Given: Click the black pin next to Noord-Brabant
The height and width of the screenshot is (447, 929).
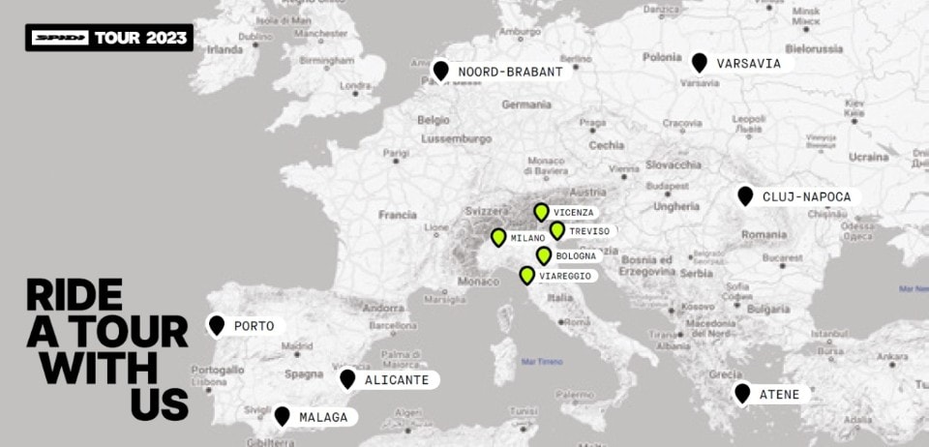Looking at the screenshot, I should coord(441,71).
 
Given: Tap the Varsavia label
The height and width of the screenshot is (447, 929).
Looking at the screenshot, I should coord(748,64).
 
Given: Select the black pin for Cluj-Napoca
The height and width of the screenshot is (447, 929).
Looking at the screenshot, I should coord(745,195).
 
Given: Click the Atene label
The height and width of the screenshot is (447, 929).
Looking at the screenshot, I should coord(778,395).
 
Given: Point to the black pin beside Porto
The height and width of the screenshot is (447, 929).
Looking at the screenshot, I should coord(217,325).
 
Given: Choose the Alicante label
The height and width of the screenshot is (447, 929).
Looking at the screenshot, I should coord(396,380).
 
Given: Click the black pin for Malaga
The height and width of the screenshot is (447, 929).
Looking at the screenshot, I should coord(282,415).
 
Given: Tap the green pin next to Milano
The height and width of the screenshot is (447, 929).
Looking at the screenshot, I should coord(498,237).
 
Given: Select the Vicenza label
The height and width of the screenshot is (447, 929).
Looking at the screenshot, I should coord(574,212).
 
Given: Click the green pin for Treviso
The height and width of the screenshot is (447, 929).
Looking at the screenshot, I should coord(557,230).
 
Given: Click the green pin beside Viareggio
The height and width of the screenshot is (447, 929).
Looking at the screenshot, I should coord(527,275).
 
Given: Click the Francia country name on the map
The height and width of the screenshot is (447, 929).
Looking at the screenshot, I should coord(397,215).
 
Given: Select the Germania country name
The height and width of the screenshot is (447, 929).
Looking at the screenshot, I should coord(526,104).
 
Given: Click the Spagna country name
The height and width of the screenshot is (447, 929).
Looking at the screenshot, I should coord(304,373).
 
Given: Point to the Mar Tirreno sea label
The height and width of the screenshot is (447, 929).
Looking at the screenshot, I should coord(542,362).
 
